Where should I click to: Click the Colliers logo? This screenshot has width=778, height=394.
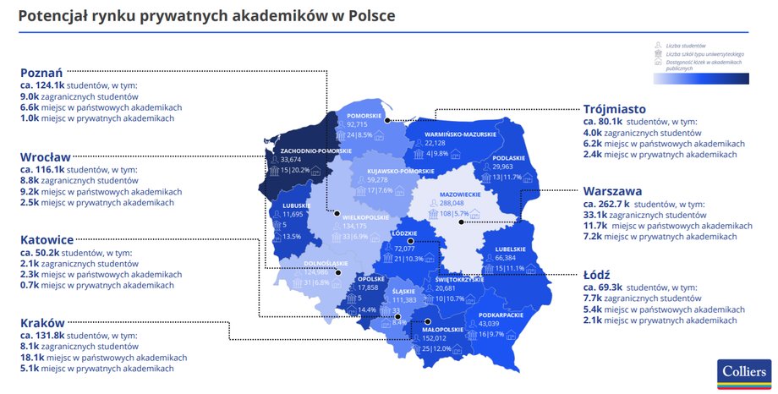click(x=744, y=372)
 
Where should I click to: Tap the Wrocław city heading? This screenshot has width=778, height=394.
click(x=46, y=156)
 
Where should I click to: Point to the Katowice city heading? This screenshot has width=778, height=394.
click(x=47, y=239)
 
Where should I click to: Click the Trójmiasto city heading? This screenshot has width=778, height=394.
click(x=615, y=109)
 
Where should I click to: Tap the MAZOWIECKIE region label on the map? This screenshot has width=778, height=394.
click(x=461, y=194)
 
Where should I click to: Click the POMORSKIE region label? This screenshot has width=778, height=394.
click(x=364, y=116)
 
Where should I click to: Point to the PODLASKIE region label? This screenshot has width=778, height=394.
click(x=508, y=158)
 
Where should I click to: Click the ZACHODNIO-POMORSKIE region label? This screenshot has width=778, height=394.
click(x=315, y=150)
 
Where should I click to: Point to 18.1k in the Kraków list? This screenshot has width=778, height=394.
click(x=34, y=358)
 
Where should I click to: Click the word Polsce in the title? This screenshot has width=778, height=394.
click(x=370, y=16)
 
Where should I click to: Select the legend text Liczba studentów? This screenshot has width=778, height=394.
click(x=686, y=46)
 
